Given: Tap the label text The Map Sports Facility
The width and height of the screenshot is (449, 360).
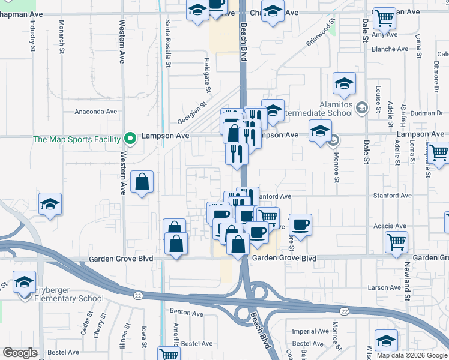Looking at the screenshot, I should point(77,139).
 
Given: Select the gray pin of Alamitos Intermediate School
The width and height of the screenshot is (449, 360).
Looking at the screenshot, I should point(361,108).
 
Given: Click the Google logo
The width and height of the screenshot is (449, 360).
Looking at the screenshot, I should point(20,353).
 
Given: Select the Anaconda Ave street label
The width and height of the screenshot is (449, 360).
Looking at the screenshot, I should point(95,112).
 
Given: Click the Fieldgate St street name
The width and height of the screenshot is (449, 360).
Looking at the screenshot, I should point(206,75).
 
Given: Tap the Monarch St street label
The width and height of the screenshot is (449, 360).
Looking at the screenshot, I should point(62,38).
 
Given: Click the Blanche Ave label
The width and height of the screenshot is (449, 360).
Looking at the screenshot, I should point(390,49).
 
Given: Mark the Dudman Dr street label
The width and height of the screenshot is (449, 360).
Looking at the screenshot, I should point(427,112).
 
